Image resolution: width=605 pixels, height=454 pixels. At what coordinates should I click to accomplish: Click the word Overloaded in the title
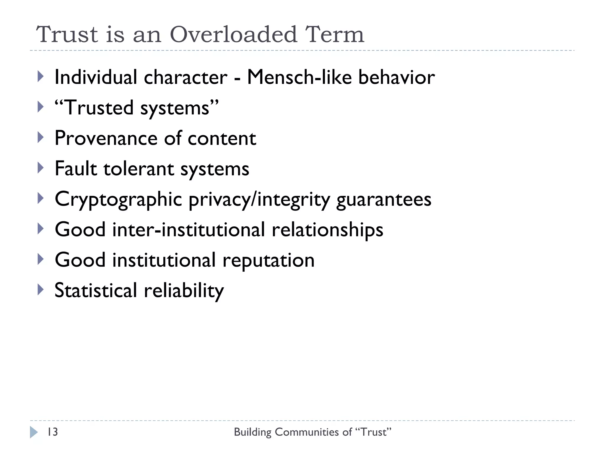click(233, 35)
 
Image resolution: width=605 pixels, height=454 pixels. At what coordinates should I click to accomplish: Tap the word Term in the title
click(335, 35)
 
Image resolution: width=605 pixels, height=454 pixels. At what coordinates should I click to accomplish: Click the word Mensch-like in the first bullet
click(299, 77)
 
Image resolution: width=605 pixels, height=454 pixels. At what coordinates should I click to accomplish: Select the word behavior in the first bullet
click(396, 77)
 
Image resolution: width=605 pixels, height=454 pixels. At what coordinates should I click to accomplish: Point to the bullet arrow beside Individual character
click(41, 77)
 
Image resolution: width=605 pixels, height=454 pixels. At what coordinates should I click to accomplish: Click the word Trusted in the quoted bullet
click(99, 108)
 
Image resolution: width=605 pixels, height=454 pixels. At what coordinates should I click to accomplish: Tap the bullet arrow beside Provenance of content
click(41, 137)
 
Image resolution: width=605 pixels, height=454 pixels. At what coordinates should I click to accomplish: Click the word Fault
click(76, 169)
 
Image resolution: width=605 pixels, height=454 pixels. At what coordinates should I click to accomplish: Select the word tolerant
click(139, 169)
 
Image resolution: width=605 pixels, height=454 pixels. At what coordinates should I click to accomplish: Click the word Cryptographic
click(118, 200)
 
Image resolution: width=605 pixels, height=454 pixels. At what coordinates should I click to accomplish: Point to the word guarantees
click(384, 200)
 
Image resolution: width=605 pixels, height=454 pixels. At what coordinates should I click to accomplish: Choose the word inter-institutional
click(188, 230)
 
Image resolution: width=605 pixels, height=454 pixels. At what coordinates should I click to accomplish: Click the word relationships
click(327, 230)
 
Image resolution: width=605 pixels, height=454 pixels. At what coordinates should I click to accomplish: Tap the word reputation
click(268, 260)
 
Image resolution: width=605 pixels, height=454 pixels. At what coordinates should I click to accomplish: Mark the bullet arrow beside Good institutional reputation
click(41, 259)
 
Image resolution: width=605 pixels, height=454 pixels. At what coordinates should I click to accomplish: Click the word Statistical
click(96, 291)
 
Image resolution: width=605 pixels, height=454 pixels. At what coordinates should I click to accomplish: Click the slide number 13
click(53, 432)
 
